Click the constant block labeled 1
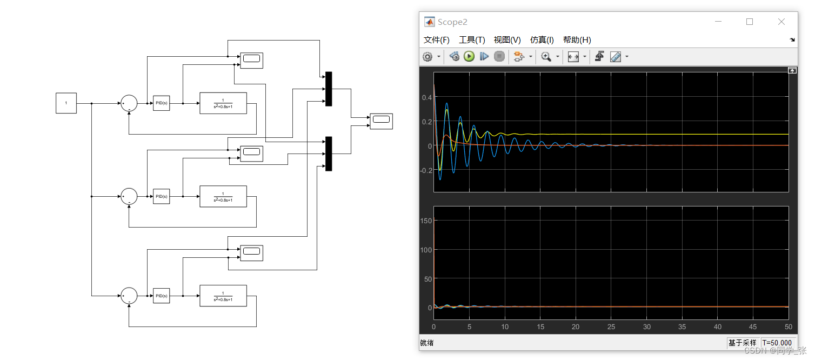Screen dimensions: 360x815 coord(66,103)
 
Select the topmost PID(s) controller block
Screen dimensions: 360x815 coord(161,103)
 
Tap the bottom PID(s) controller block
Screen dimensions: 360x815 coord(161,296)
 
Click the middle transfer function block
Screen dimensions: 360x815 coord(223,196)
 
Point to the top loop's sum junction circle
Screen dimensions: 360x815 coord(129,103)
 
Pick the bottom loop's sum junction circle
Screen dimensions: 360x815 coord(129,296)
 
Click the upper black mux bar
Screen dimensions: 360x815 coord(329,89)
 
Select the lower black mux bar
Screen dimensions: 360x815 coord(329,154)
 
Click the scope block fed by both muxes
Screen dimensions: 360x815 coord(381,121)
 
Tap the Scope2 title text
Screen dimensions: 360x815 coord(452,22)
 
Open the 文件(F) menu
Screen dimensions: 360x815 coord(436,40)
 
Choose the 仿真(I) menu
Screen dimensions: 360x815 coord(542,40)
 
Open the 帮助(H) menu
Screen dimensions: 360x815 coord(577,40)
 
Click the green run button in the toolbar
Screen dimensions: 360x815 coord(469,56)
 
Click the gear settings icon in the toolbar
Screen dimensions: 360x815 coord(427,57)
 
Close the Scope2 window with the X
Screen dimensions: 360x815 coord(781,22)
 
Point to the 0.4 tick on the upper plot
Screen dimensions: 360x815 coord(426,98)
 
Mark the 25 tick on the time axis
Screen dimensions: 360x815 coord(611,327)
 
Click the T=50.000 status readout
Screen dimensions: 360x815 coord(777,343)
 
